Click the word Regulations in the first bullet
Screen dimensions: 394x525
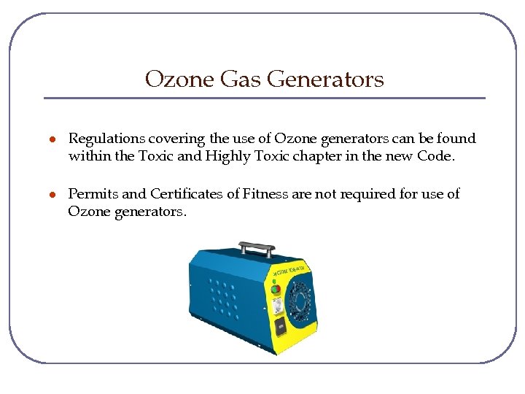[x=106, y=139]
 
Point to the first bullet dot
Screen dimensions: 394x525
[x=52, y=139]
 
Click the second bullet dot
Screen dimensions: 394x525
[x=52, y=195]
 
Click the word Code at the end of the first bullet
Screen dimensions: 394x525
[x=435, y=155]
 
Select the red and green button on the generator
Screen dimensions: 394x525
[x=276, y=289]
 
